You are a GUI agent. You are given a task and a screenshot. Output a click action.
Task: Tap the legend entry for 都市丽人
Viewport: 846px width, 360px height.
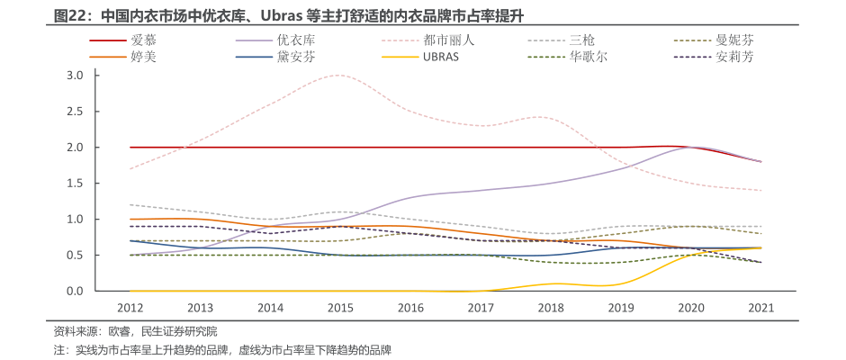455,40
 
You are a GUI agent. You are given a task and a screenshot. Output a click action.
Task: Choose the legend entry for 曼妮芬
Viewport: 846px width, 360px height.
734,40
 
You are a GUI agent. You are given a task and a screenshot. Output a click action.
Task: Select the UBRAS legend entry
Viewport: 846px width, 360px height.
442,57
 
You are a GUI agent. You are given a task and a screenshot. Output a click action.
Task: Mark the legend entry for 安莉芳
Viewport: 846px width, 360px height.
734,57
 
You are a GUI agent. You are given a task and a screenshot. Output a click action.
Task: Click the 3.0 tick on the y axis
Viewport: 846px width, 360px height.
75,76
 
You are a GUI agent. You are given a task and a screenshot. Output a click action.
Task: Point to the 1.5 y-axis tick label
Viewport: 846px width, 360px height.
75,184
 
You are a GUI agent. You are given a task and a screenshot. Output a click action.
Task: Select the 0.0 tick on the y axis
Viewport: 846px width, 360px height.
75,292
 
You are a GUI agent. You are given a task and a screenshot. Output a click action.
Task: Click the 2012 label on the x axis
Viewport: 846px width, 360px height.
130,308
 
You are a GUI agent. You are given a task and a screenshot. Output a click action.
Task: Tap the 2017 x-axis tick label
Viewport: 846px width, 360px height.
481,308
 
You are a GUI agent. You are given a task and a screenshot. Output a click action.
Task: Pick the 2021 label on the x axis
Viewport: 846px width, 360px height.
761,308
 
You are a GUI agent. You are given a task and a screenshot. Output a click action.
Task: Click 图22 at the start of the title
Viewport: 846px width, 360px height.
72,16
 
